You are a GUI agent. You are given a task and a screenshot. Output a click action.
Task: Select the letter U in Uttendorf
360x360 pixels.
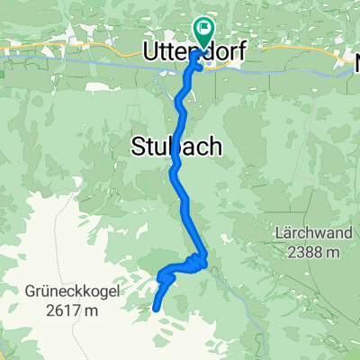point(150,54)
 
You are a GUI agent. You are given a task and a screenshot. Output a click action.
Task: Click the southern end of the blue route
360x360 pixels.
point(157,308)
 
